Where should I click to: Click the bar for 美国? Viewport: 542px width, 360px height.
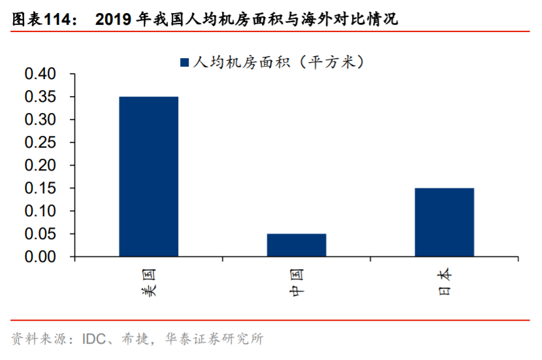pyautogui.click(x=148, y=176)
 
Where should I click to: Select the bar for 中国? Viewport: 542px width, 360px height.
pyautogui.click(x=296, y=245)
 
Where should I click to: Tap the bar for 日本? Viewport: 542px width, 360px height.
pyautogui.click(x=444, y=222)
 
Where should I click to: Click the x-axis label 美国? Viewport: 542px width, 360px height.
pyautogui.click(x=149, y=282)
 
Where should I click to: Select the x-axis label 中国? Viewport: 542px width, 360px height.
pyautogui.click(x=297, y=282)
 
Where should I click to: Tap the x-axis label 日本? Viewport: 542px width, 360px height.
pyautogui.click(x=445, y=282)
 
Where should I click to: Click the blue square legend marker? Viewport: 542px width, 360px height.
pyautogui.click(x=183, y=63)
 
